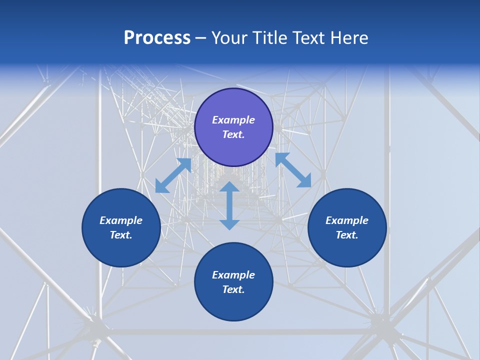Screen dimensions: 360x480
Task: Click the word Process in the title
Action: coord(157,38)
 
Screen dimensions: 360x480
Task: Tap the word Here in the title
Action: coord(348,38)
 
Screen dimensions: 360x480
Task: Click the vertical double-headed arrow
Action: coord(229,206)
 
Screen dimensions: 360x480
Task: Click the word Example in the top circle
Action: coord(233,120)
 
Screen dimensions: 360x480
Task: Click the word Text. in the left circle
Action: coord(121,235)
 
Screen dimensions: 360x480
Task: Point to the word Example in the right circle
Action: coord(347,220)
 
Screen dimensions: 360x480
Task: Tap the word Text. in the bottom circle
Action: coord(233,289)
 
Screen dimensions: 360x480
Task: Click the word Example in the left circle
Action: coord(121,220)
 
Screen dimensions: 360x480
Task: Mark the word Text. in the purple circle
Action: coord(233,134)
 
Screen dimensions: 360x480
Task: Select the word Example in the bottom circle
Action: coord(233,275)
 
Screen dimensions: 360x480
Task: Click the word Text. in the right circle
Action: coord(347,235)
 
